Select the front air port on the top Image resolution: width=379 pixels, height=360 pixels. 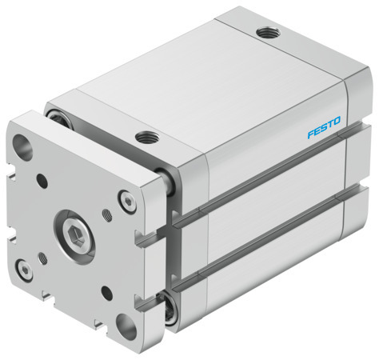click(x=146, y=136)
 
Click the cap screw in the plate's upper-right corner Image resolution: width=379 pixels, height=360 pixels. click(x=124, y=198)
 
